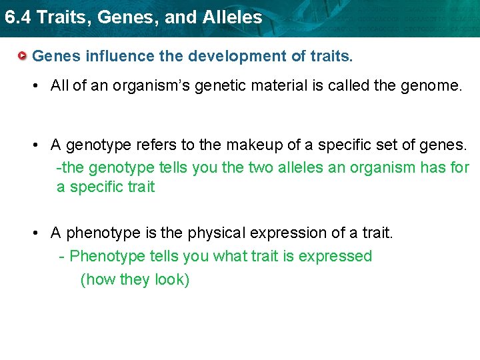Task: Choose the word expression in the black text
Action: (290, 233)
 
